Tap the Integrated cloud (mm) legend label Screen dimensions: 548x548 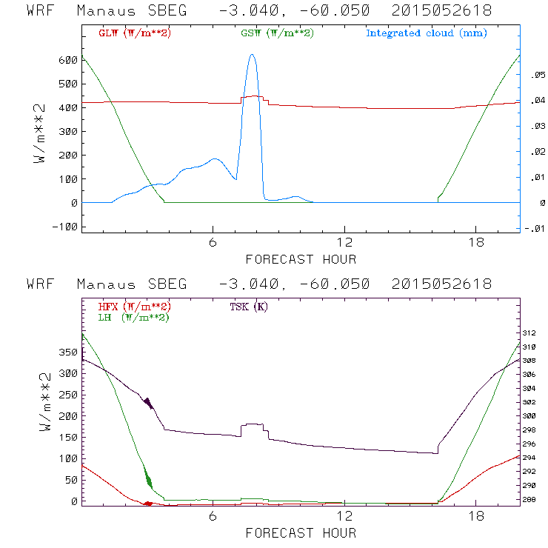427,33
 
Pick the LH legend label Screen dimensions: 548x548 133,317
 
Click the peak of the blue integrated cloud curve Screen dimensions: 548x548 253,55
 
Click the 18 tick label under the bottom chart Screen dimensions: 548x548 475,515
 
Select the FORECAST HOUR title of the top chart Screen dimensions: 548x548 301,259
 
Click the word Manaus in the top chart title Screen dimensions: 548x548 102,12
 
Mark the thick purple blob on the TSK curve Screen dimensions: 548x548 148,403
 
